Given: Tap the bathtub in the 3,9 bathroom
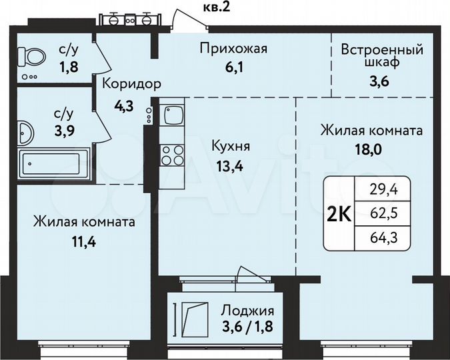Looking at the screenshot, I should click(x=54, y=164).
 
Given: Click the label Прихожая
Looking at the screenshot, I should click(x=234, y=48).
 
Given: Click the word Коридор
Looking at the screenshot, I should click(x=131, y=84).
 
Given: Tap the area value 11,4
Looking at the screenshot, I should click(x=83, y=241).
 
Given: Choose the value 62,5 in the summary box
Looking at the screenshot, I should click(x=387, y=215).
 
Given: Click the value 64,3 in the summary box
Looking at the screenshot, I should click(x=387, y=236).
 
